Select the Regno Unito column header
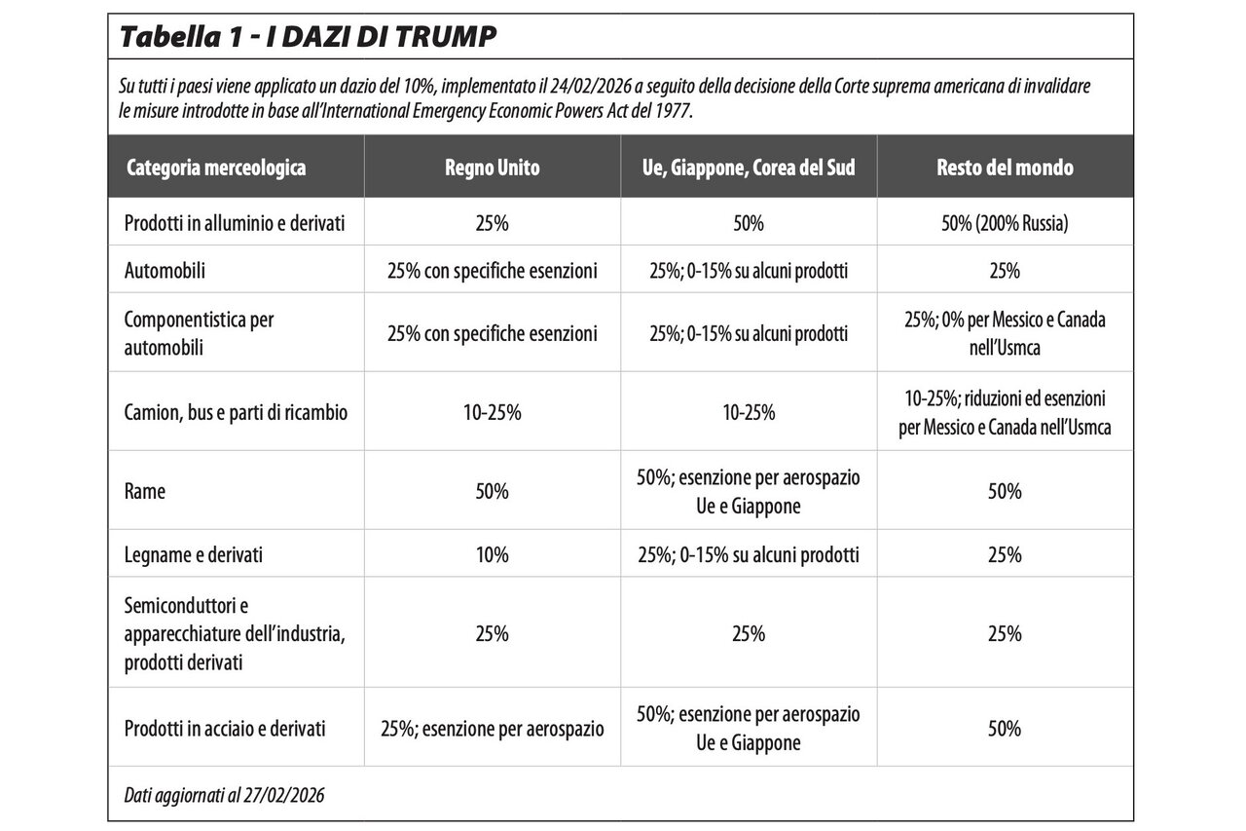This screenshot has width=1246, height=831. [x=493, y=168]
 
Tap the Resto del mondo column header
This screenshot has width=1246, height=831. [x=1005, y=168]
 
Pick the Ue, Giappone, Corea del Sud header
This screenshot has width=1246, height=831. [x=749, y=168]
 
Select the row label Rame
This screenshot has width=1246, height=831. [x=145, y=491]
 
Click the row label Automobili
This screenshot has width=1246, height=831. [x=165, y=271]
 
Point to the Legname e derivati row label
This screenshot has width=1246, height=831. [x=193, y=554]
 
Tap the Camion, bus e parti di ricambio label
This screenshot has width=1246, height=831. [x=236, y=412]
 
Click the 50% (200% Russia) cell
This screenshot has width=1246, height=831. [x=1005, y=223]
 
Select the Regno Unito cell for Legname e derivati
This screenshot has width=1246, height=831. [x=493, y=554]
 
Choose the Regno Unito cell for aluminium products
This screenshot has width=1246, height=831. [x=493, y=223]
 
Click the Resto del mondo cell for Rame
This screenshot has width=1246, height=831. [x=1005, y=491]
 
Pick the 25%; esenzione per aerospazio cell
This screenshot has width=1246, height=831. [x=493, y=729]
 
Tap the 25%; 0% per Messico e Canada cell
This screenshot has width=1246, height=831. [x=1005, y=333]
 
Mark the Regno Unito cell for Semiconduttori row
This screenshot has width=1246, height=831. [x=493, y=633]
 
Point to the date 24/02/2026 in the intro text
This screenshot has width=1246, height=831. [x=591, y=87]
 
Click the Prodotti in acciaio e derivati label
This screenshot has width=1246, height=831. [x=225, y=729]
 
